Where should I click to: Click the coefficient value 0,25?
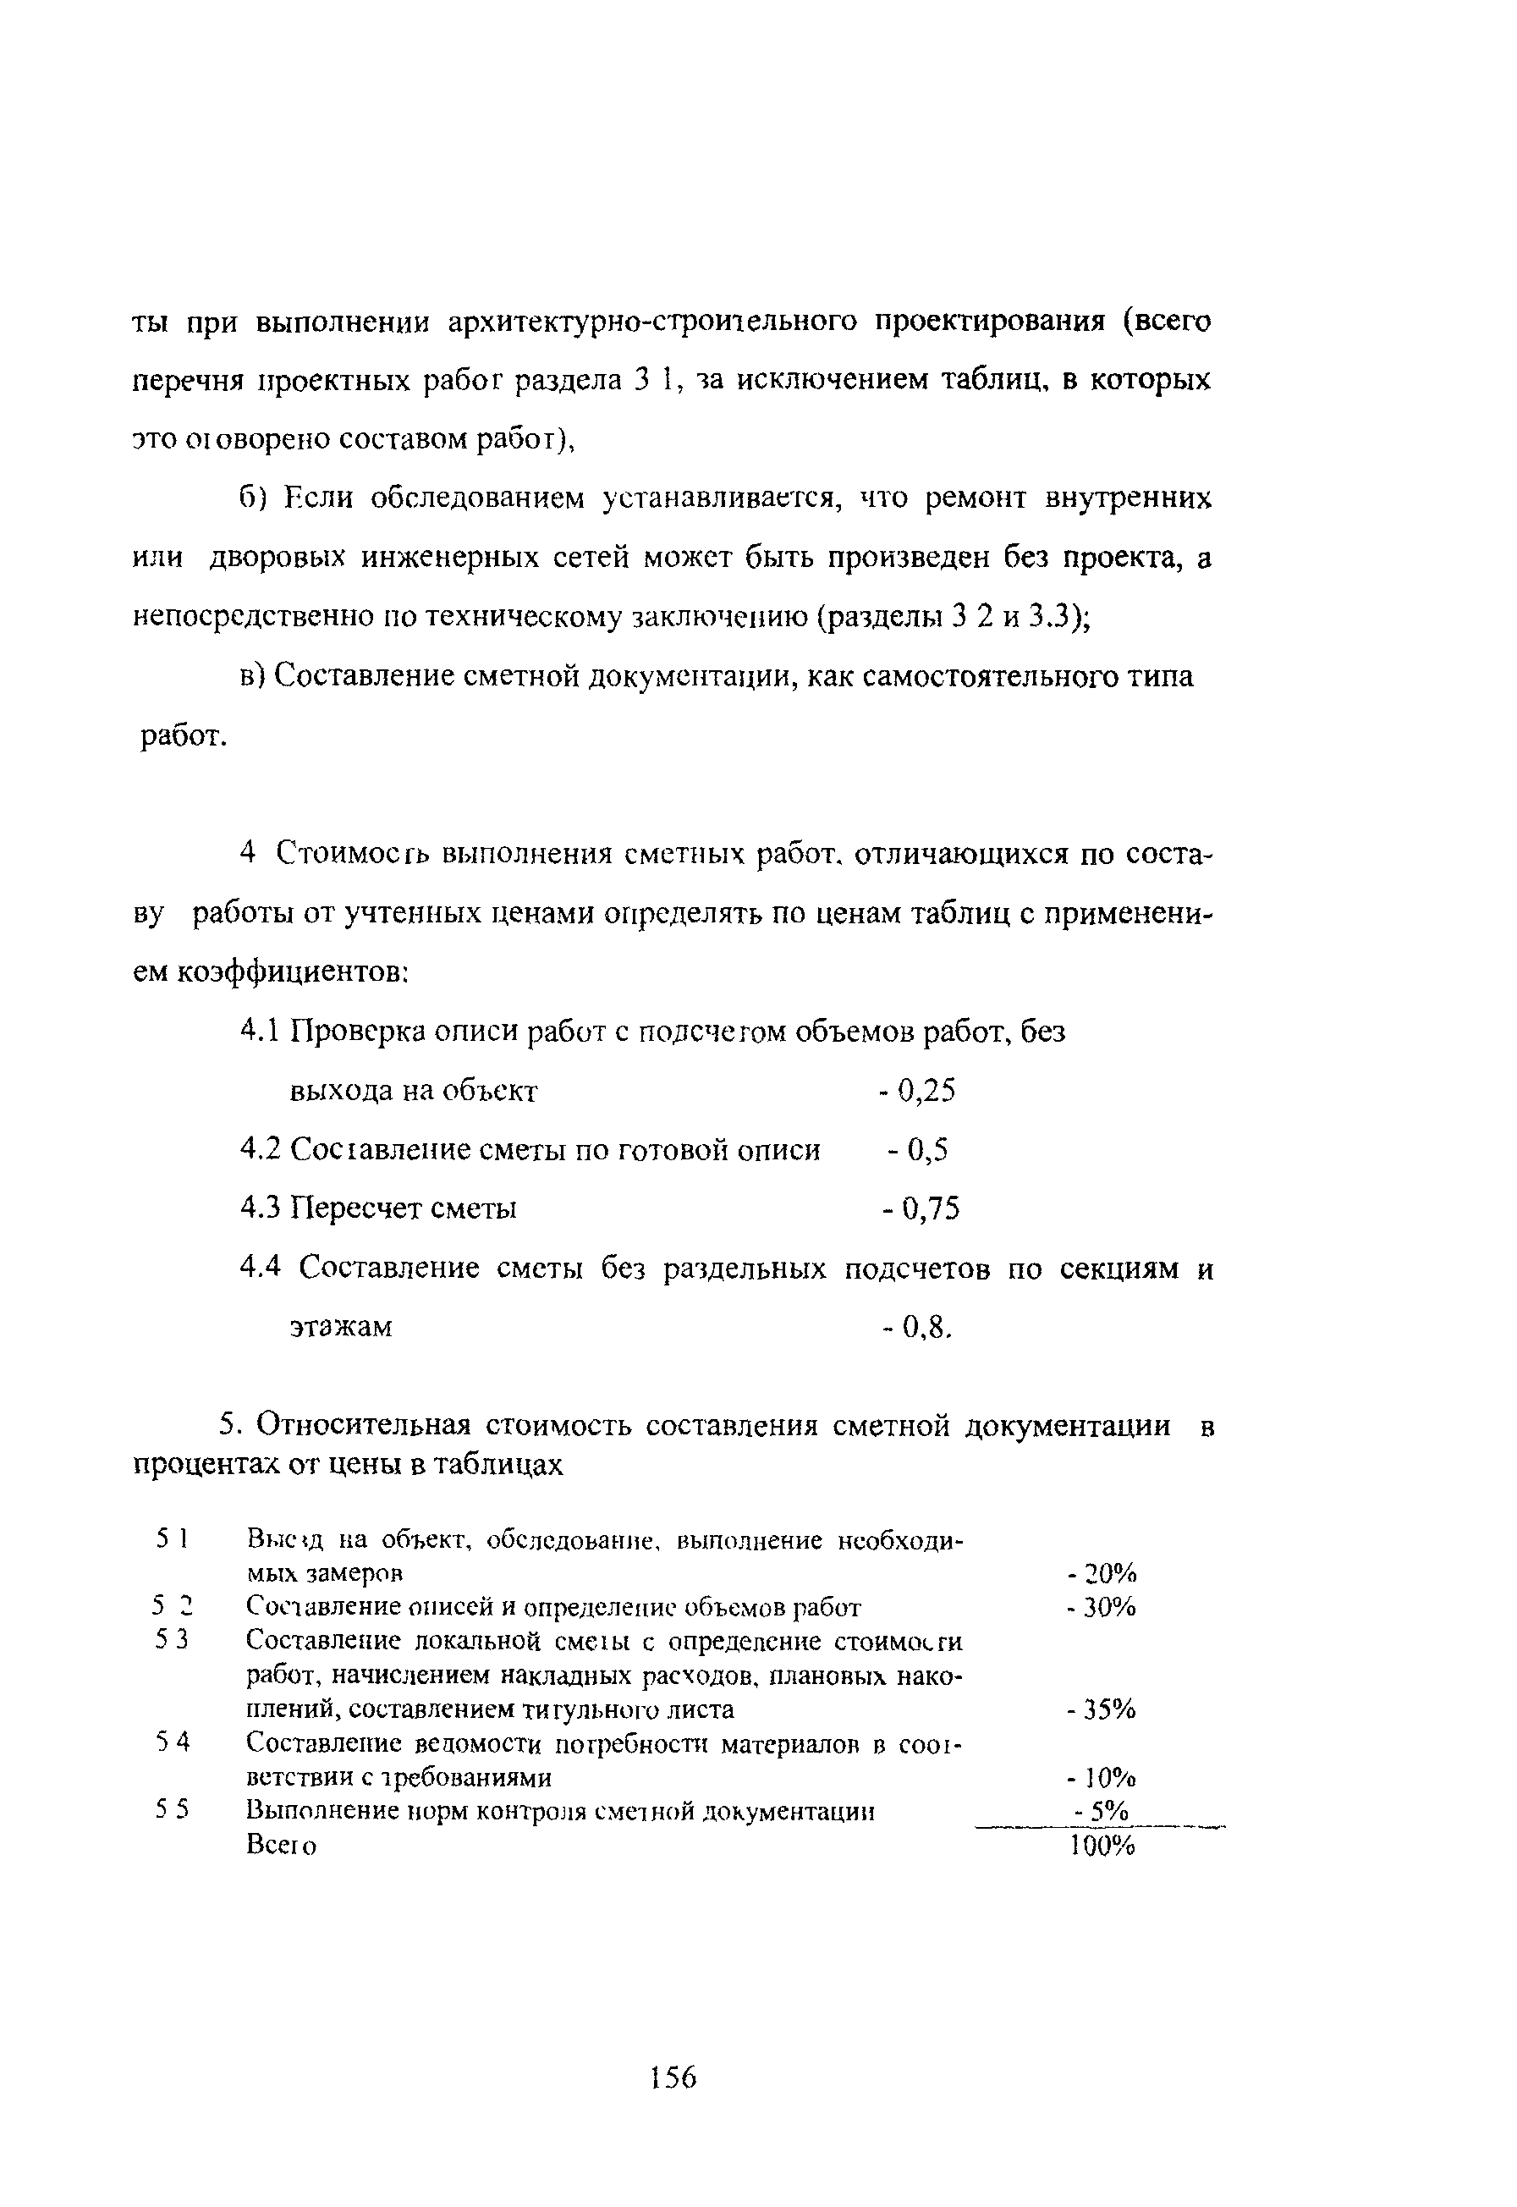pos(925,1091)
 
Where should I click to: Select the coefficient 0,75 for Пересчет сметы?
pos(930,1209)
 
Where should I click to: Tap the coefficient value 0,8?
pos(925,1327)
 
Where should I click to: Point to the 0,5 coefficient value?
pos(927,1151)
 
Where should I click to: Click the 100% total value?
pos(1102,1845)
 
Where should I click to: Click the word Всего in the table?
pos(282,1845)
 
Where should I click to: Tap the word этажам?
pos(340,1328)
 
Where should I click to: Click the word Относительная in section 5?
pos(364,1426)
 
